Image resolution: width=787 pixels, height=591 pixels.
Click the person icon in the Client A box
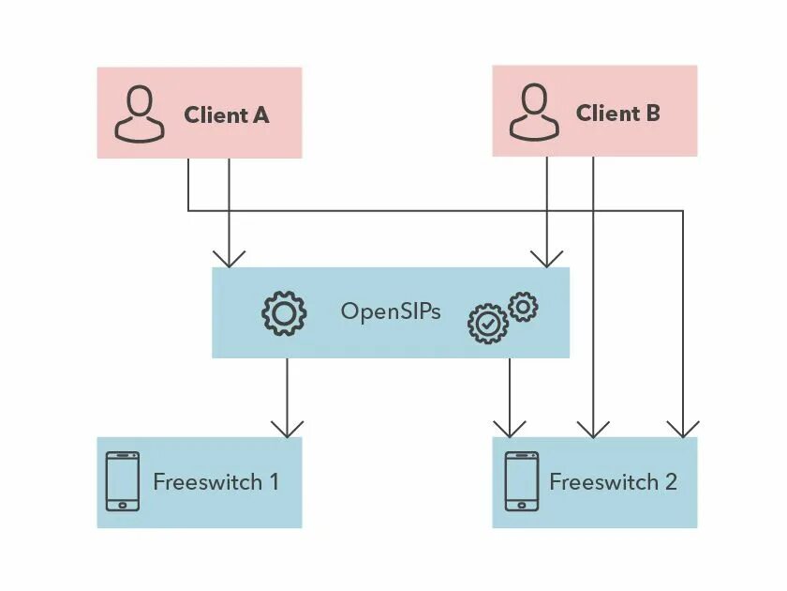[139, 114]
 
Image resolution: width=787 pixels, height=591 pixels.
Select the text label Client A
[227, 115]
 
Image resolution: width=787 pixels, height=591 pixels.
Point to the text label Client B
[618, 114]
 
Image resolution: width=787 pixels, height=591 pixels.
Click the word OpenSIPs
[390, 311]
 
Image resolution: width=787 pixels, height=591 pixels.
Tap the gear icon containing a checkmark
[487, 323]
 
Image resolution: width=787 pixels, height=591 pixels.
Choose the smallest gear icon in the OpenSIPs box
[523, 306]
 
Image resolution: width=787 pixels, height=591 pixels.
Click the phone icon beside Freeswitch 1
[122, 481]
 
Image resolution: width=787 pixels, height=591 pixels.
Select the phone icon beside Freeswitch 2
[522, 481]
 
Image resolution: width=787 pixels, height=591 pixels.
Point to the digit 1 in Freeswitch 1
[273, 482]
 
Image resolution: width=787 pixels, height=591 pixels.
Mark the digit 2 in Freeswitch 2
[670, 482]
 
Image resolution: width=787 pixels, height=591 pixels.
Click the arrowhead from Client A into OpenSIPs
[229, 257]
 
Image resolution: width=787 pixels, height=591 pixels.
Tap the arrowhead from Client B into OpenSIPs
[547, 257]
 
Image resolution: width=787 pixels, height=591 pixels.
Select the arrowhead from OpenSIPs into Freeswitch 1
[287, 428]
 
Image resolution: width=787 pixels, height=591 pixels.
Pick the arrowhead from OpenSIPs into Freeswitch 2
[510, 428]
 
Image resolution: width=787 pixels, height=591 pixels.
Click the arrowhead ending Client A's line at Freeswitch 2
[683, 428]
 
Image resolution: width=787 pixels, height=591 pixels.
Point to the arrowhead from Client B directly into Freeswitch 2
[592, 428]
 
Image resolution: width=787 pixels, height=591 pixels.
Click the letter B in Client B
[652, 114]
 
